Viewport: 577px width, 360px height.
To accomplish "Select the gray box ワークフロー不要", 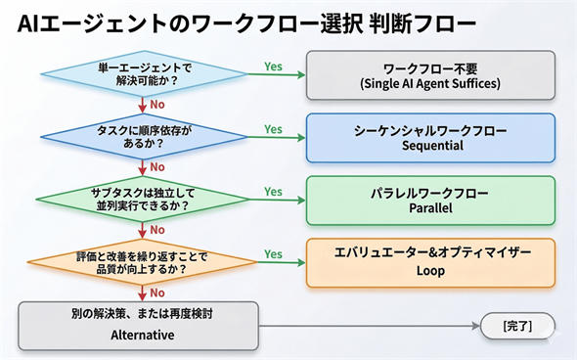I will tap(429, 74).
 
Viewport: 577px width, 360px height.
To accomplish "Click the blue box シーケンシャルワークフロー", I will tap(429, 137).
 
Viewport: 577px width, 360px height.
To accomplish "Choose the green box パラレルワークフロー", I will tap(429, 200).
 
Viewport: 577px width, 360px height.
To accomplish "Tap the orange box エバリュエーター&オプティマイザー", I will tap(429, 262).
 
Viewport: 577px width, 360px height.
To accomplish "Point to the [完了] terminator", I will tap(514, 325).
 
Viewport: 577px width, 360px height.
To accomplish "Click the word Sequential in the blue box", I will tap(429, 146).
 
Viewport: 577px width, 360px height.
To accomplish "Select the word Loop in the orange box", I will tap(429, 271).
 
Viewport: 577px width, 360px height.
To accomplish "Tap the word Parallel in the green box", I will tap(429, 208).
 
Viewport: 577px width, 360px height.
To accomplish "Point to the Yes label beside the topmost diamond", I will tap(273, 67).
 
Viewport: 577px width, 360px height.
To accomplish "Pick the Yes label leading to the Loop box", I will tap(273, 254).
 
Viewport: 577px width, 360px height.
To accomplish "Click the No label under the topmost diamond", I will tap(156, 105).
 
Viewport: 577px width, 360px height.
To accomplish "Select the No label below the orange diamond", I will tap(156, 292).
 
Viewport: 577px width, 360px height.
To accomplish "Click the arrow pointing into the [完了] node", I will tap(469, 325).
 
